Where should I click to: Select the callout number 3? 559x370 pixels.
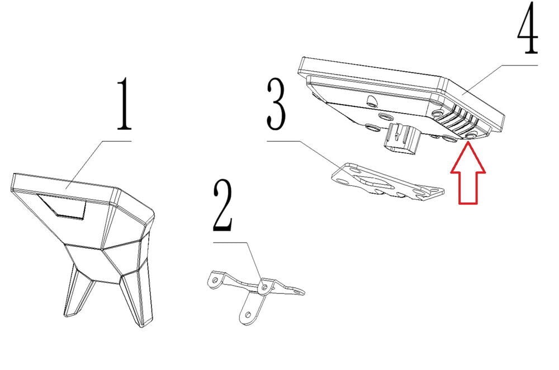point(276,104)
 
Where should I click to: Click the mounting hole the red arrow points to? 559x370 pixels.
point(471,136)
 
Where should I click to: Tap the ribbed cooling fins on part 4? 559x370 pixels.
point(460,120)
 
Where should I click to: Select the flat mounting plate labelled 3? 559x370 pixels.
point(387,182)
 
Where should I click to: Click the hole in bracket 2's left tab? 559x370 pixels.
point(215,280)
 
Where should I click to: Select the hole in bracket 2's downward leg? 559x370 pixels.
point(248,315)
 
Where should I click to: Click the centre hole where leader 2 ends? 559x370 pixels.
point(264,287)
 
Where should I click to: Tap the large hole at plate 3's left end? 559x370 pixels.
point(343,181)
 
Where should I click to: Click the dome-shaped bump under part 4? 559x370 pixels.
point(372,100)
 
